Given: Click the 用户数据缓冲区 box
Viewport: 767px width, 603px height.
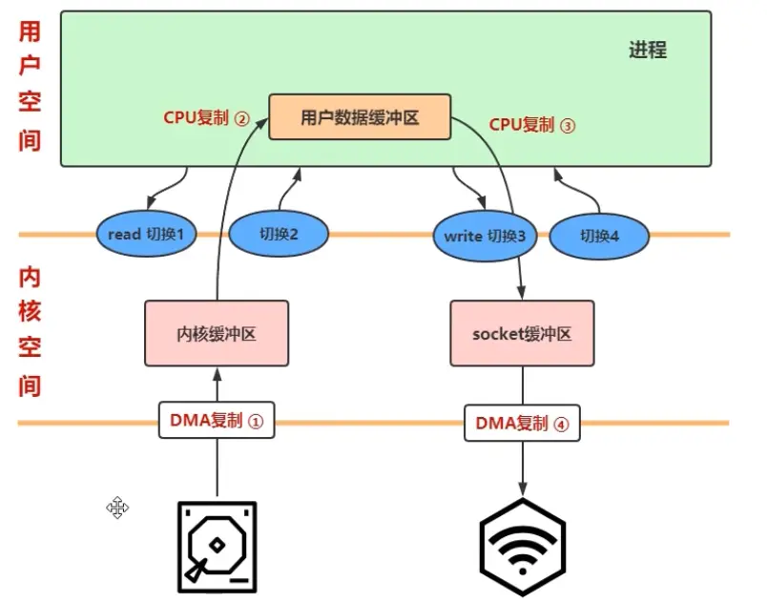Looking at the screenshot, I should [x=360, y=117].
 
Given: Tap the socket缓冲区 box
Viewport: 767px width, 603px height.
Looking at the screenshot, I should [x=521, y=334].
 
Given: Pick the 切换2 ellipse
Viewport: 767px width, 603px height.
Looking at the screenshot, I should [x=279, y=235].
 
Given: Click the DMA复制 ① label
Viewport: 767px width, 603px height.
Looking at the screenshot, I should [x=216, y=421].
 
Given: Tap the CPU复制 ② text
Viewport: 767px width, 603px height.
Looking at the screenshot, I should [x=206, y=119].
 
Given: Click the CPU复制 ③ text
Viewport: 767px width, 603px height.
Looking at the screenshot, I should [x=532, y=125].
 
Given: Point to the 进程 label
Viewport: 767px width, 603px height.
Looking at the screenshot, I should [x=648, y=51].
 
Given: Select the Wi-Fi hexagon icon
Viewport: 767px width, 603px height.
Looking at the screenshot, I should [x=522, y=547].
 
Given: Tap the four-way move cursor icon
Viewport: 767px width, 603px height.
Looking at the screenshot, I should [x=117, y=507].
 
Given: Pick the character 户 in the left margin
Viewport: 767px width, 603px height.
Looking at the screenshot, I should [x=30, y=68].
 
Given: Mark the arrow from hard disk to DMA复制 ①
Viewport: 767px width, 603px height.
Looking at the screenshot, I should [x=217, y=468].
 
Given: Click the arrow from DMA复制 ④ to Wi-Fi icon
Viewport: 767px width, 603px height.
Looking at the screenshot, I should [x=522, y=468].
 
